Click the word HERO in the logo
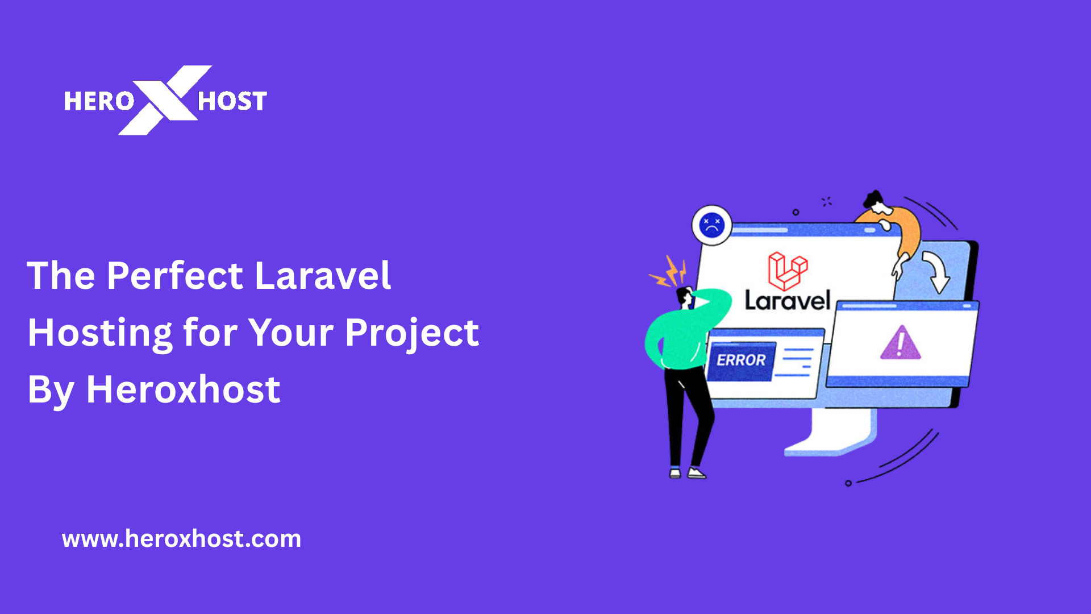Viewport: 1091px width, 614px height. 98,101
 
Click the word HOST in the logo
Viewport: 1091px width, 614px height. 232,101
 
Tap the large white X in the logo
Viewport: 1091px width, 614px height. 165,100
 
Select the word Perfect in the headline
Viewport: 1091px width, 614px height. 175,276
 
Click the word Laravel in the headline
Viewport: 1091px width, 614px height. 322,276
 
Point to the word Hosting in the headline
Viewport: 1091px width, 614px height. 100,333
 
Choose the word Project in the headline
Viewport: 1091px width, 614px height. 411,333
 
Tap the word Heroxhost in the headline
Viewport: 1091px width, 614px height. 183,390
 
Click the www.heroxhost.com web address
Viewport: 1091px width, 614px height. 181,538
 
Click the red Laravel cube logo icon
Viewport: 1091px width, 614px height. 787,271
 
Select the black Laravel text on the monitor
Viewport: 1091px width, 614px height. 787,301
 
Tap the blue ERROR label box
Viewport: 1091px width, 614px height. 741,360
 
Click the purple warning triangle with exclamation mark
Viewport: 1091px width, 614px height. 900,343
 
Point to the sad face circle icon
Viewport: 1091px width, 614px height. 711,225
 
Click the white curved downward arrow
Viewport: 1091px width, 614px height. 936,272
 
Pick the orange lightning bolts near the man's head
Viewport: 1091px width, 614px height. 669,272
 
